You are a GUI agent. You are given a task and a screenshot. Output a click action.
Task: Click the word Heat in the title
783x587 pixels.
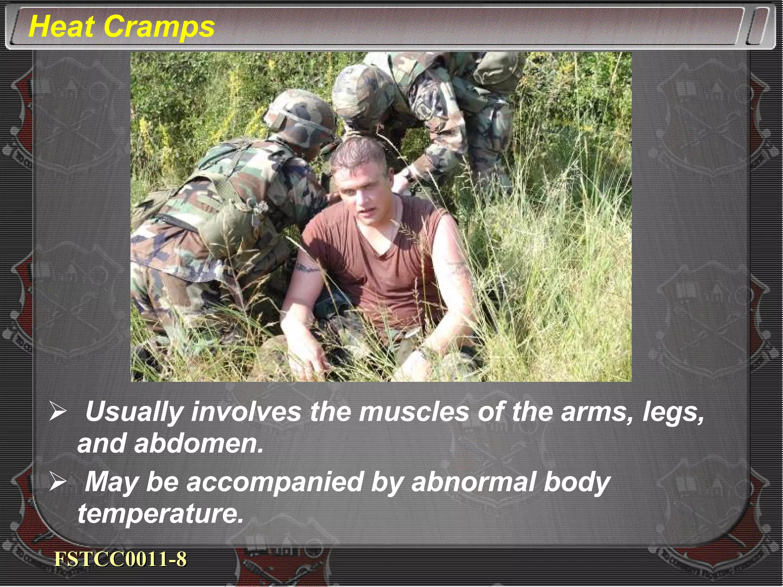pyautogui.click(x=61, y=27)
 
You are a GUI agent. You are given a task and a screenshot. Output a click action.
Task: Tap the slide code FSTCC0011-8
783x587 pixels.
pyautogui.click(x=120, y=559)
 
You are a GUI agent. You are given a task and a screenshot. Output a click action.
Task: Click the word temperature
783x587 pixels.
pyautogui.click(x=161, y=514)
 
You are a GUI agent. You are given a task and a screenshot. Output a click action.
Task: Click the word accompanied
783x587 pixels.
pyautogui.click(x=275, y=483)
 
